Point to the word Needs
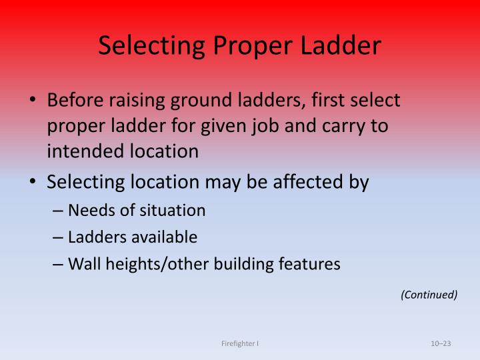tap(87, 211)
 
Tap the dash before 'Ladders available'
tap(58, 237)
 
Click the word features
tap(313, 264)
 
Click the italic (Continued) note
tap(429, 294)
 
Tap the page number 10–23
tap(441, 343)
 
